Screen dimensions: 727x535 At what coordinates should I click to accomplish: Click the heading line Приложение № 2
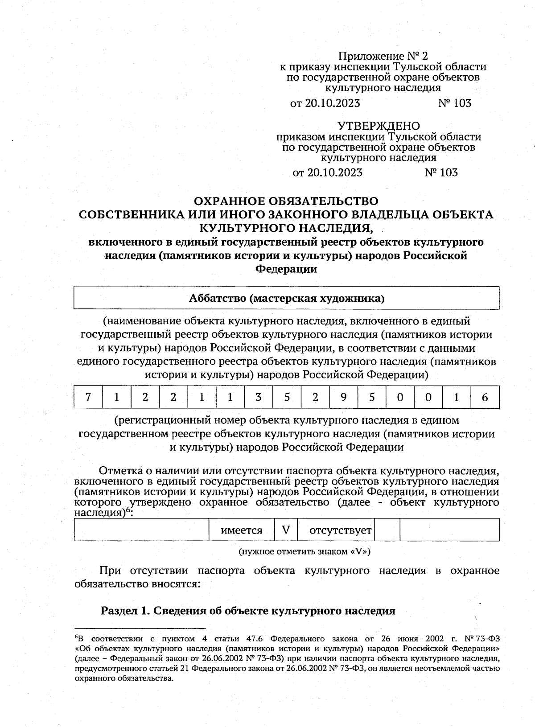pyautogui.click(x=383, y=56)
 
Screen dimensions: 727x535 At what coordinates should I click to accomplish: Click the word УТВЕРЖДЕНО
pyautogui.click(x=378, y=126)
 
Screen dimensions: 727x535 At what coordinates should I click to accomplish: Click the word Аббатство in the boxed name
pyautogui.click(x=217, y=298)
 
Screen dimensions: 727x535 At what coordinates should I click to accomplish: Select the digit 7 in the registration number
pyautogui.click(x=88, y=397)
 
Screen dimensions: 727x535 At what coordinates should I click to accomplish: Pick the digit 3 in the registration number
pyautogui.click(x=258, y=397)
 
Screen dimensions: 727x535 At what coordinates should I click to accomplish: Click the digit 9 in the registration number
pyautogui.click(x=343, y=397)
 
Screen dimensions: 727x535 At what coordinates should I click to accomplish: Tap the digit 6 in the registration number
pyautogui.click(x=485, y=397)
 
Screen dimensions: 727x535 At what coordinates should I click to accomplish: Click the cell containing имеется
pyautogui.click(x=242, y=530)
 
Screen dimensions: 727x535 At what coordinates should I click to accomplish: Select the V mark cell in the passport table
pyautogui.click(x=286, y=530)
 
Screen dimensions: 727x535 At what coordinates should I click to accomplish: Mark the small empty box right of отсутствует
pyautogui.click(x=387, y=530)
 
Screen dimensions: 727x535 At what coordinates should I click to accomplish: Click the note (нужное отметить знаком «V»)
pyautogui.click(x=305, y=551)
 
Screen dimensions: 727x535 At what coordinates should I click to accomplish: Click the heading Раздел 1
pyautogui.click(x=126, y=610)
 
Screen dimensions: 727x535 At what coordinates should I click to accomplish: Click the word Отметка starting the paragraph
pyautogui.click(x=119, y=471)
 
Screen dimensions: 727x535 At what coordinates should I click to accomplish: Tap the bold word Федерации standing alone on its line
pyautogui.click(x=286, y=269)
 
